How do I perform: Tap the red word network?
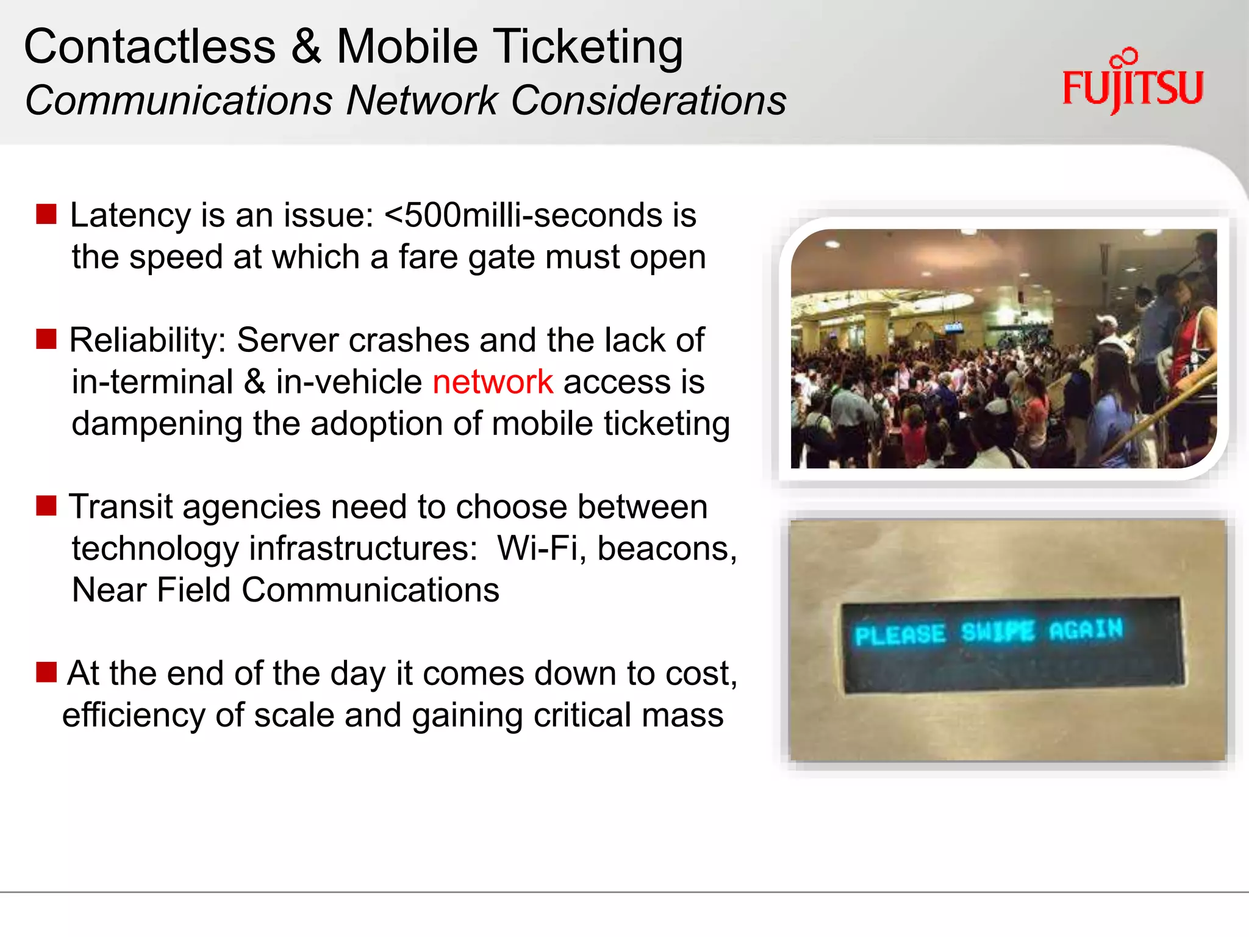(493, 382)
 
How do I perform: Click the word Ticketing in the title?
(588, 47)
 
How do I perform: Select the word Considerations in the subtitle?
(648, 101)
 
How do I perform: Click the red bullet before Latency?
(46, 215)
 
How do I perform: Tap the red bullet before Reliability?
(46, 339)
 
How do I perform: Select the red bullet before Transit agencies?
(46, 506)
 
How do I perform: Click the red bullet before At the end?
(46, 672)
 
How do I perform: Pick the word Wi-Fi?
(537, 548)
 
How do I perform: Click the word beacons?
(667, 548)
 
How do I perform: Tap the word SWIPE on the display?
(998, 632)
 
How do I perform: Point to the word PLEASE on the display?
(900, 635)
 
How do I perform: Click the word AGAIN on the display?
(1086, 629)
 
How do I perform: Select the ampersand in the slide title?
(306, 47)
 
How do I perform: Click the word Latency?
(131, 215)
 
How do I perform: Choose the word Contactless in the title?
(150, 47)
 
